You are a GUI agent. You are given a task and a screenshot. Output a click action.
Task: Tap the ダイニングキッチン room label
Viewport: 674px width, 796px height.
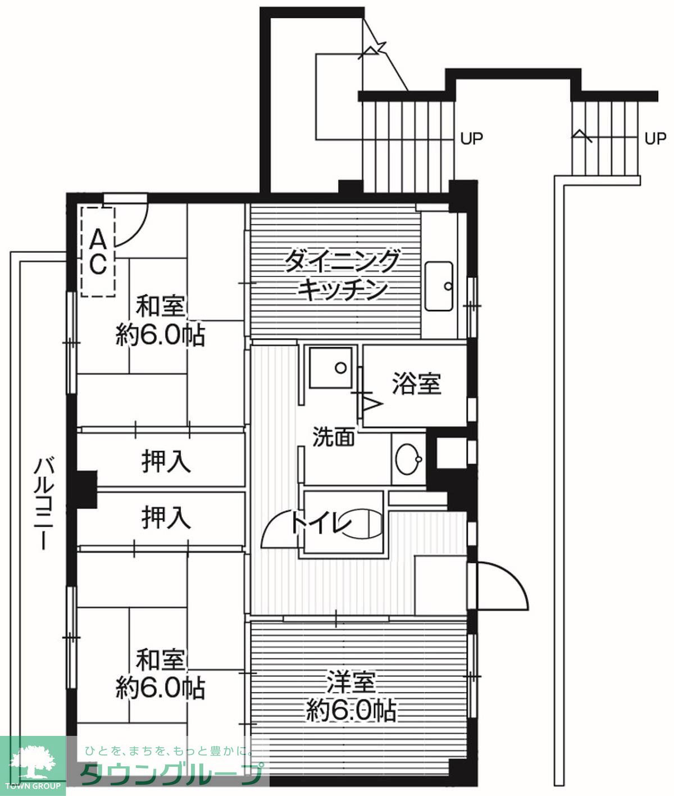click(x=341, y=275)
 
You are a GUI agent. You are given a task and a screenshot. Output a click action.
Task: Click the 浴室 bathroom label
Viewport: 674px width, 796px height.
click(x=416, y=384)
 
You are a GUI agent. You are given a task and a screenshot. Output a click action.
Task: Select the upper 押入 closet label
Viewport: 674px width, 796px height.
click(x=166, y=462)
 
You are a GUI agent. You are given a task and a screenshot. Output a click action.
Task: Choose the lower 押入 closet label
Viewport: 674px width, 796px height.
click(x=166, y=517)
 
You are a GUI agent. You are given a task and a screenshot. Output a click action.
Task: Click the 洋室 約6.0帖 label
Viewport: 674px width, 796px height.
click(x=351, y=697)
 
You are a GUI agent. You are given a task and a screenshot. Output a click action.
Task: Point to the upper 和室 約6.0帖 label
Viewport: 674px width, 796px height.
click(x=160, y=321)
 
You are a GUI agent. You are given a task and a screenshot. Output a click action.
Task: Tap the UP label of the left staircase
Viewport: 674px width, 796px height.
click(x=471, y=138)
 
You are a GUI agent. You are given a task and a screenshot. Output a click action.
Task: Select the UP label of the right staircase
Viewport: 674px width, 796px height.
click(x=655, y=138)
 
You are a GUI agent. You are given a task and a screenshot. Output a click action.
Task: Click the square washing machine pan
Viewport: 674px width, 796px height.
click(x=330, y=367)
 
